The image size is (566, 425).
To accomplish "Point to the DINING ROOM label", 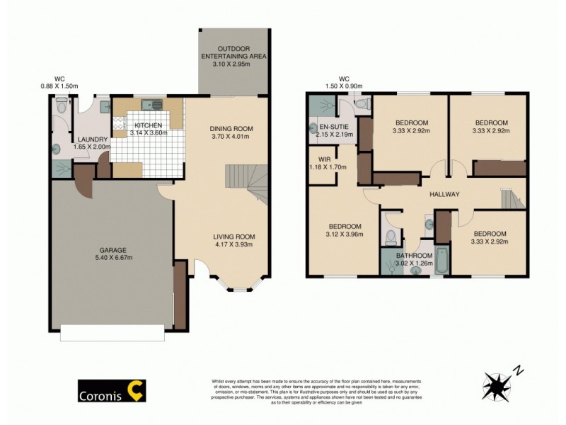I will [x=231, y=128].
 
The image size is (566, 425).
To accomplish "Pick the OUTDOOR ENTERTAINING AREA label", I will [x=233, y=55].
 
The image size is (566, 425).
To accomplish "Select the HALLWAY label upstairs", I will [x=444, y=194].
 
